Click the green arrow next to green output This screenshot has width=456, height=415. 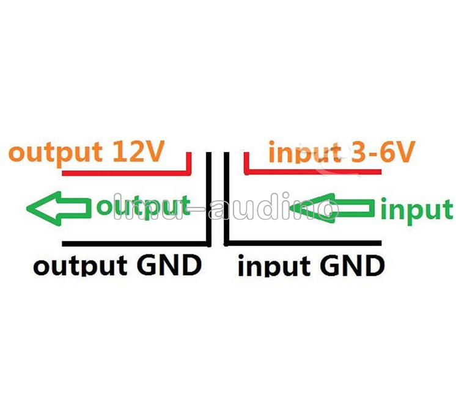[58, 208]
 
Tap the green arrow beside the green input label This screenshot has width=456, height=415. [333, 209]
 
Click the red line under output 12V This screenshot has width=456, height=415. [122, 174]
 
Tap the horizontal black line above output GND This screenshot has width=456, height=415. [134, 241]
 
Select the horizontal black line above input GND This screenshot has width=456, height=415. [306, 241]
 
